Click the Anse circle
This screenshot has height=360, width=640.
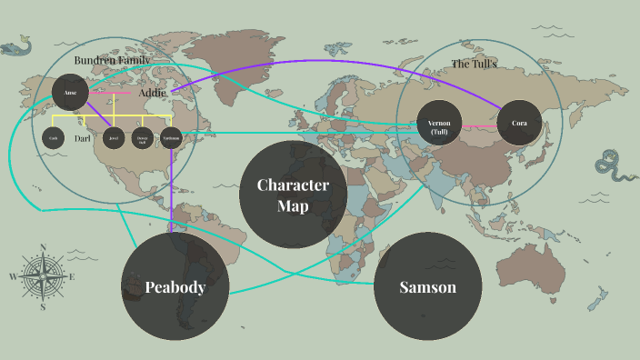[70, 92]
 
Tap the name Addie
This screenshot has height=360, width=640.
[152, 93]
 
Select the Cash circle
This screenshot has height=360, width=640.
[54, 138]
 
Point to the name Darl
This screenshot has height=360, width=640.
[83, 138]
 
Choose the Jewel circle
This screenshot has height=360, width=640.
[113, 138]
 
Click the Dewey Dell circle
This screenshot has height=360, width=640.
[141, 138]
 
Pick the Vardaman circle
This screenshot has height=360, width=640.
[171, 138]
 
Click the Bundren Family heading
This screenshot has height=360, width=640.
[112, 59]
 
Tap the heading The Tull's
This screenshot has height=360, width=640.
[475, 64]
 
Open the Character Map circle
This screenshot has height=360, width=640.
[292, 195]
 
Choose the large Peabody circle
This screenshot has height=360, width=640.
[175, 287]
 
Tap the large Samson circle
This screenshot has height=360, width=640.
[427, 287]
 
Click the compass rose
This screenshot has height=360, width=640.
[43, 276]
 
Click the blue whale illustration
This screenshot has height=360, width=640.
[19, 45]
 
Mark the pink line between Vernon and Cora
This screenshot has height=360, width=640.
[479, 124]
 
